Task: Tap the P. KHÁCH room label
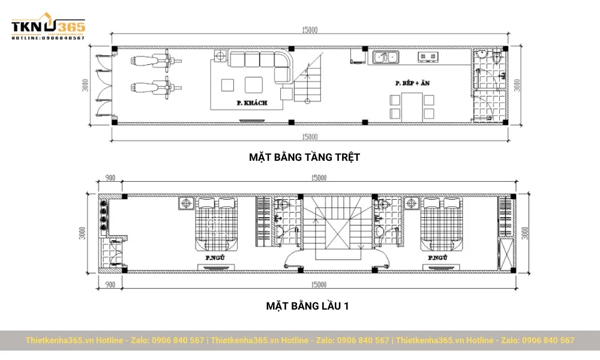[251, 103]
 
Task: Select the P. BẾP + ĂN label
[412, 83]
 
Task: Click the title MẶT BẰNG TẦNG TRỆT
[304, 157]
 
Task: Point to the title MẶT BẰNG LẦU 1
[307, 306]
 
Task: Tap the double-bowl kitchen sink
[385, 58]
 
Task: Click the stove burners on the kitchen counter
[428, 58]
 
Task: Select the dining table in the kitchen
[412, 106]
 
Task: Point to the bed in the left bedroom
[215, 225]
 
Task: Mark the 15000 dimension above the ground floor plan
[310, 29]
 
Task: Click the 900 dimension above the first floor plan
[110, 178]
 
